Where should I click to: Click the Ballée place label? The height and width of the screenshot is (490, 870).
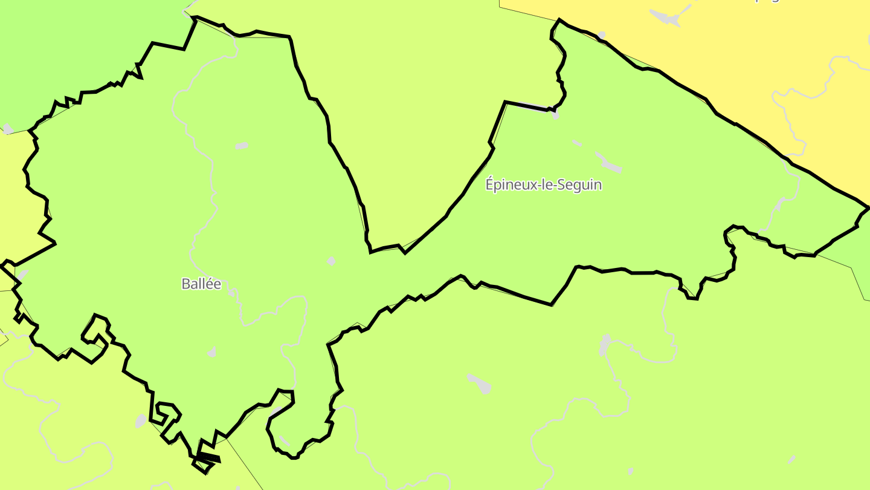tap(201, 284)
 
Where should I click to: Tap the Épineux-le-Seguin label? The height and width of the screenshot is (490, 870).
tap(544, 185)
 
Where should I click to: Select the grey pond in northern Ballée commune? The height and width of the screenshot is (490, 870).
tap(242, 146)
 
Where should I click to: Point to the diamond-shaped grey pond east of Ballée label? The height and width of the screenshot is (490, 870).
tap(331, 261)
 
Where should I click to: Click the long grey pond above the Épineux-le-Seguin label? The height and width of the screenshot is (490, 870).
tap(608, 162)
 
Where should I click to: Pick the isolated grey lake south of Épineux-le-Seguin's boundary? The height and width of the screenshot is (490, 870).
tap(480, 383)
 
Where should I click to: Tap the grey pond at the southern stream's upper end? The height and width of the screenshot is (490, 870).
tap(605, 344)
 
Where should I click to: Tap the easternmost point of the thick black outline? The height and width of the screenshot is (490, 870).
tap(868, 207)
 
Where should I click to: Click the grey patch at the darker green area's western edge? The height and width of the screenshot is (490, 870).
tap(8, 128)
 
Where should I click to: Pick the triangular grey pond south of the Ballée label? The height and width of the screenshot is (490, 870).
tap(211, 352)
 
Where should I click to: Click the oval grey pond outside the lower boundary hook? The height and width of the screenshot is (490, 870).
tap(141, 420)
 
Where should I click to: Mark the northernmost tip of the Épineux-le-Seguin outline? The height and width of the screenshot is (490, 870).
tap(559, 19)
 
